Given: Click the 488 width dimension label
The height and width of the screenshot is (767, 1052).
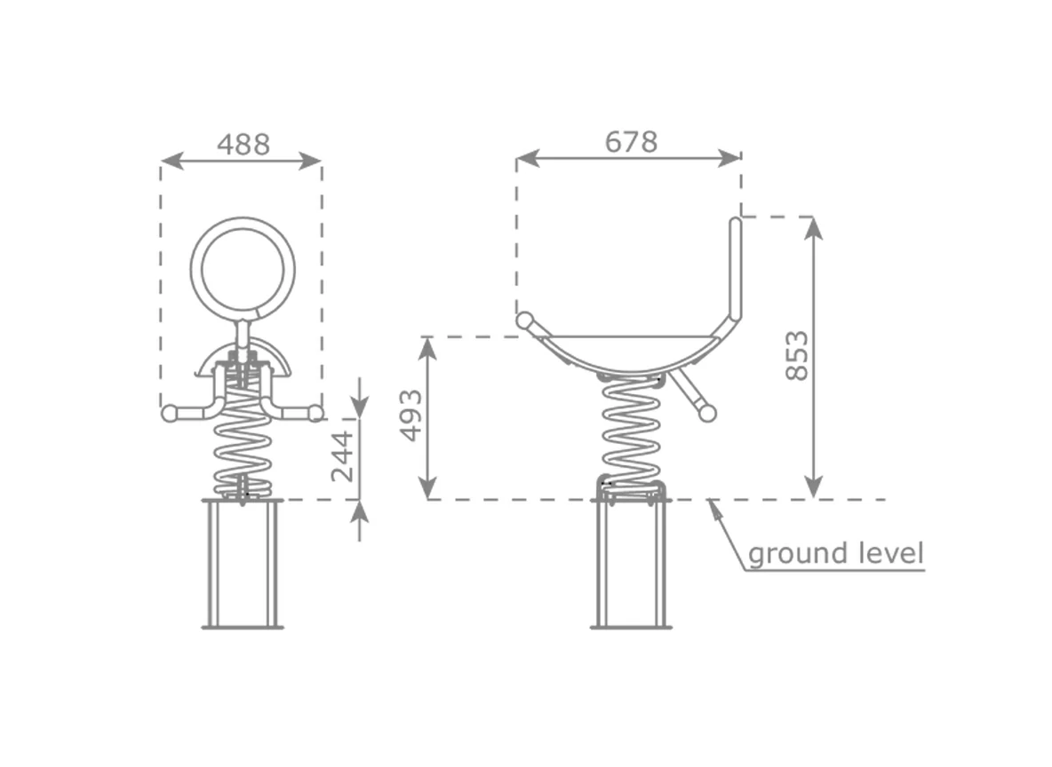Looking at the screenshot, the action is click(x=243, y=145).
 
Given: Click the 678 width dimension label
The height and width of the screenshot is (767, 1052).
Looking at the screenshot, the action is click(x=632, y=142).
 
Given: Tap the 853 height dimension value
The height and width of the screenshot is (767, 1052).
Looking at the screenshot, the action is click(x=797, y=355).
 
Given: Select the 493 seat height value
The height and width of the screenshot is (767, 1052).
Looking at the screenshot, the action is click(x=411, y=415).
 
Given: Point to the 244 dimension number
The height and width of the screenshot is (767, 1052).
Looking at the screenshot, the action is click(x=342, y=456).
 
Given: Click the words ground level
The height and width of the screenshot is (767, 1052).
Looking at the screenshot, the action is click(x=836, y=554).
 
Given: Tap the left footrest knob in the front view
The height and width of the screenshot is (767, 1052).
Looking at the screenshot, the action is click(x=170, y=413).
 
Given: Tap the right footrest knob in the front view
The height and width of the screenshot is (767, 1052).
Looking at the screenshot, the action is click(x=315, y=413).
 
